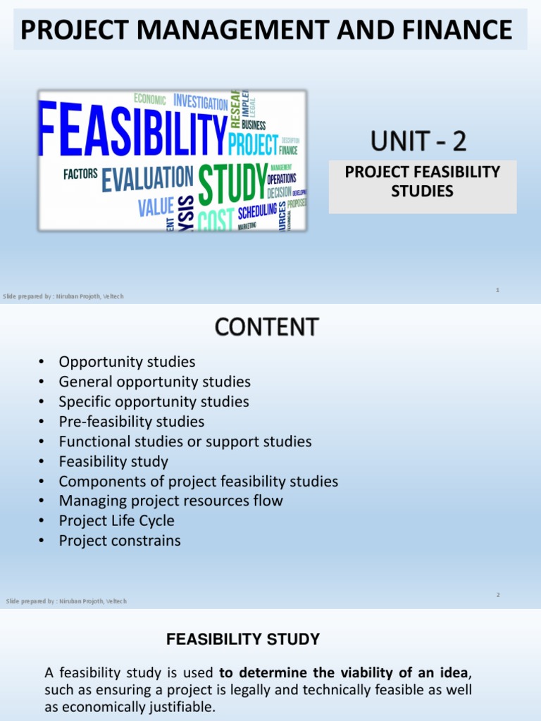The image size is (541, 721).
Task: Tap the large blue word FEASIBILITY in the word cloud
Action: pos(132,131)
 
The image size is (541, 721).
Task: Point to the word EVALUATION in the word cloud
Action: pos(147,179)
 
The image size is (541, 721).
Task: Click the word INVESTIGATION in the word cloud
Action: pos(201,101)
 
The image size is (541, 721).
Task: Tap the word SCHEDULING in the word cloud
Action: pos(257,211)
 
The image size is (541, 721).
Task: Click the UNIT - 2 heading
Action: pos(418,142)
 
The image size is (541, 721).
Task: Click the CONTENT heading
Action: pos(266,327)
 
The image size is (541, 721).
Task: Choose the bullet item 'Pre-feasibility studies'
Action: pos(132,422)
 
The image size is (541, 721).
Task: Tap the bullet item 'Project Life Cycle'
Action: pos(116,521)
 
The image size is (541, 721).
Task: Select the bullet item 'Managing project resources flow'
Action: pos(171,501)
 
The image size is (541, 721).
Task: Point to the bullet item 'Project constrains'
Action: pos(120,541)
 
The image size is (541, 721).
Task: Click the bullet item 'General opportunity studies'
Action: pos(155,382)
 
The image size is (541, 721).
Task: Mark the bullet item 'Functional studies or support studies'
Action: pos(185,442)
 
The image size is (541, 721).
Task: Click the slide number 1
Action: pos(497,289)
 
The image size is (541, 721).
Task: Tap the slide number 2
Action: pos(497,595)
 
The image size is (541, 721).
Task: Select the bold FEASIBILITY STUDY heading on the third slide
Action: pos(243,640)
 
